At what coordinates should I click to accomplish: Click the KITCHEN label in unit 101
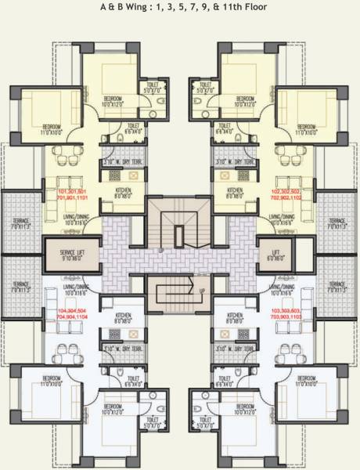(124, 192)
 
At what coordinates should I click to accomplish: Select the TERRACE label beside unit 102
(337, 223)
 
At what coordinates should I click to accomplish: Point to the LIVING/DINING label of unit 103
(282, 290)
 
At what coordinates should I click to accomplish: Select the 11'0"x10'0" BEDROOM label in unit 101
(52, 129)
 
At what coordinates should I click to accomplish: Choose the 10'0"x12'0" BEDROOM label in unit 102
(245, 101)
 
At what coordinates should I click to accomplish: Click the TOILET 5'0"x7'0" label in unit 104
(152, 424)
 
